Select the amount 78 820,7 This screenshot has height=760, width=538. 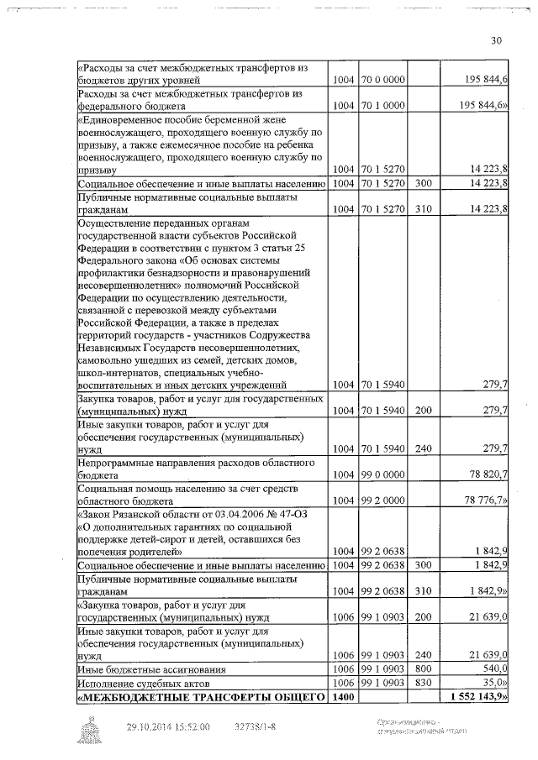tap(484, 474)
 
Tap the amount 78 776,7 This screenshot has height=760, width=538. tap(483, 501)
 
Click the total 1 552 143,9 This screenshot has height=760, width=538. tap(478, 697)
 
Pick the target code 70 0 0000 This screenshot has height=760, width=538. tap(383, 81)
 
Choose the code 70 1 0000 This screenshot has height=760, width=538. tap(383, 107)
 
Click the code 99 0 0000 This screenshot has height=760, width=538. tap(383, 474)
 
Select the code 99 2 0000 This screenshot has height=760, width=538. tap(383, 501)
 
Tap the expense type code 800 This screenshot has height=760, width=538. tap(423, 668)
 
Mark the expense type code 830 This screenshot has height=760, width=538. tap(423, 683)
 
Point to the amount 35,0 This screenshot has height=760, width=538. tap(493, 683)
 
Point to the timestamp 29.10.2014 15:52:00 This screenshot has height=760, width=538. tap(168, 727)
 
